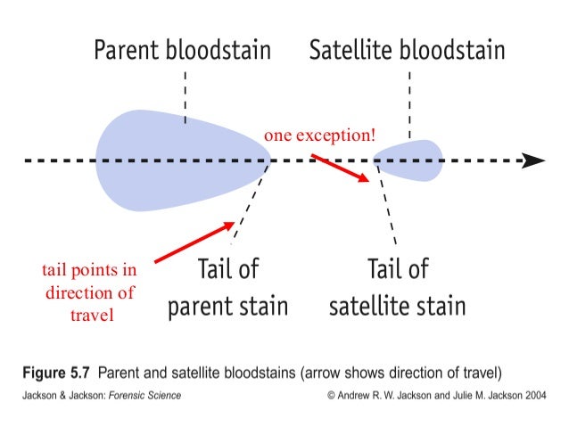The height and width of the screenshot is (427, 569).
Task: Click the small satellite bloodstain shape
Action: tap(410, 160)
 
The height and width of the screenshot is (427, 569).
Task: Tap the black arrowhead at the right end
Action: tap(533, 160)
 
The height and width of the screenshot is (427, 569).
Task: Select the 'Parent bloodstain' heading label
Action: tap(183, 51)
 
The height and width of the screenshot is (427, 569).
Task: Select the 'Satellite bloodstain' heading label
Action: tap(407, 51)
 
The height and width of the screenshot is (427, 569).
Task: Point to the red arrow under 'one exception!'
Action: tap(340, 168)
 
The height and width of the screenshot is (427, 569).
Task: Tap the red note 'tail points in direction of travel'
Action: tap(91, 292)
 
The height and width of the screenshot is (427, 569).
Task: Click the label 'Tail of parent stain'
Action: tap(227, 287)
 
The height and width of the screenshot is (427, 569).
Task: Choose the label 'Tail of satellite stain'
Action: tap(397, 287)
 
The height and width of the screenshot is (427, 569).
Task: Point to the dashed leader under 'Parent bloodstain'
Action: tap(185, 94)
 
